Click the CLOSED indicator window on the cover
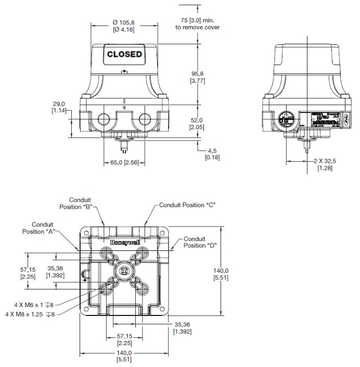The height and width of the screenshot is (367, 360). tap(124, 54)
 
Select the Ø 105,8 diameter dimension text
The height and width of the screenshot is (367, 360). tap(124, 26)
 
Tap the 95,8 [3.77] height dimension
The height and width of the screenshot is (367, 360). tap(197, 76)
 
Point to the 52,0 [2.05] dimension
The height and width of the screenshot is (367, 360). tap(197, 123)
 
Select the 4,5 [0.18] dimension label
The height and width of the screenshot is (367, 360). tap(212, 154)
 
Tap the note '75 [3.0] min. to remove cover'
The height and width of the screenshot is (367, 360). tap(198, 24)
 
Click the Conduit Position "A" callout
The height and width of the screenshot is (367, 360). tap(40, 228)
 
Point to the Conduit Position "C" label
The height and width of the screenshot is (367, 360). tap(187, 205)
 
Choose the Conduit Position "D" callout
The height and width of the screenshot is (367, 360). tap(200, 242)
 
